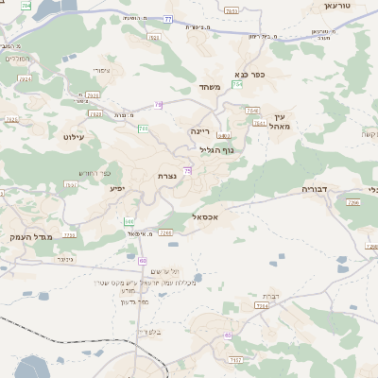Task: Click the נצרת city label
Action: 167,177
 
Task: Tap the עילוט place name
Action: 73,137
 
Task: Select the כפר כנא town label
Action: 249,73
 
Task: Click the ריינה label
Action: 199,132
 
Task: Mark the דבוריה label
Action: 314,189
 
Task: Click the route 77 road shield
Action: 167,18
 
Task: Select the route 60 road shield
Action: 143,260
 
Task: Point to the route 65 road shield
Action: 228,335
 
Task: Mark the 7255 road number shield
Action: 69,233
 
